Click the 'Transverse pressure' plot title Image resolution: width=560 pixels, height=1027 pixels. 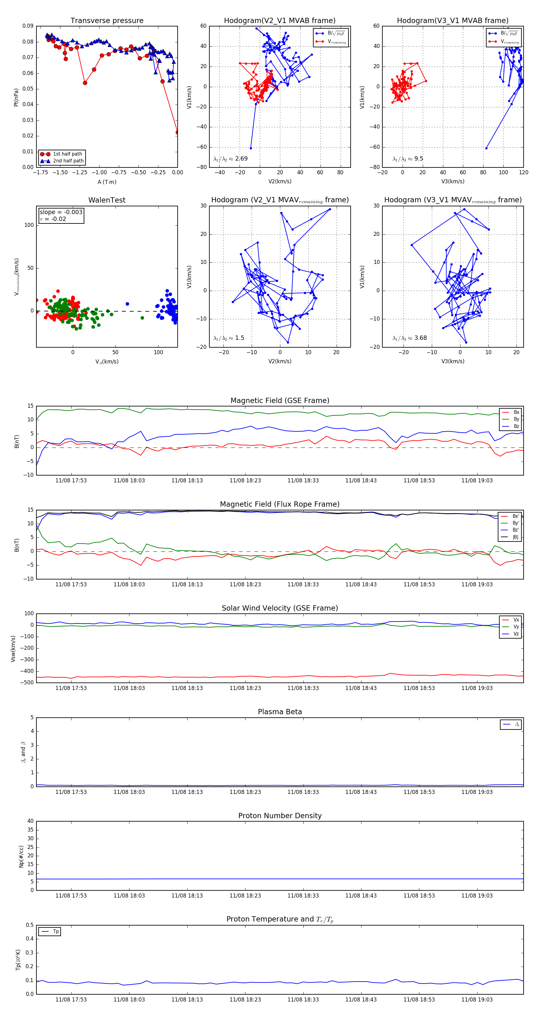107,21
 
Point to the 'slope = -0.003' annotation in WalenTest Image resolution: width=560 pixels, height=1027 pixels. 61,212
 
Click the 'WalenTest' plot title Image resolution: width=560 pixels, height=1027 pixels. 107,200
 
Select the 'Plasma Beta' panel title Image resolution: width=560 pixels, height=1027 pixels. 280,712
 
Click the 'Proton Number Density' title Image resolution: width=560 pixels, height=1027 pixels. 280,816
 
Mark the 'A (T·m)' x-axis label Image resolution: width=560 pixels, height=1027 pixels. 107,182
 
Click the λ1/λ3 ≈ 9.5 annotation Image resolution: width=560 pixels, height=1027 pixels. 408,159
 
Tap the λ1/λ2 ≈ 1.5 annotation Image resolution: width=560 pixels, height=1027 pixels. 229,338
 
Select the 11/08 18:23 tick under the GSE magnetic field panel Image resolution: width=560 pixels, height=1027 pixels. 245,481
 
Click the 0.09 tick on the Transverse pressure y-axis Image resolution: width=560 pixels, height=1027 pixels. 28,26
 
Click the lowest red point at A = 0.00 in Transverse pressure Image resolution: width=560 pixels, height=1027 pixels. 177,132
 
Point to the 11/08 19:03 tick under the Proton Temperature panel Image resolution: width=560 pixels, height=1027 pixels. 477,1000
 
